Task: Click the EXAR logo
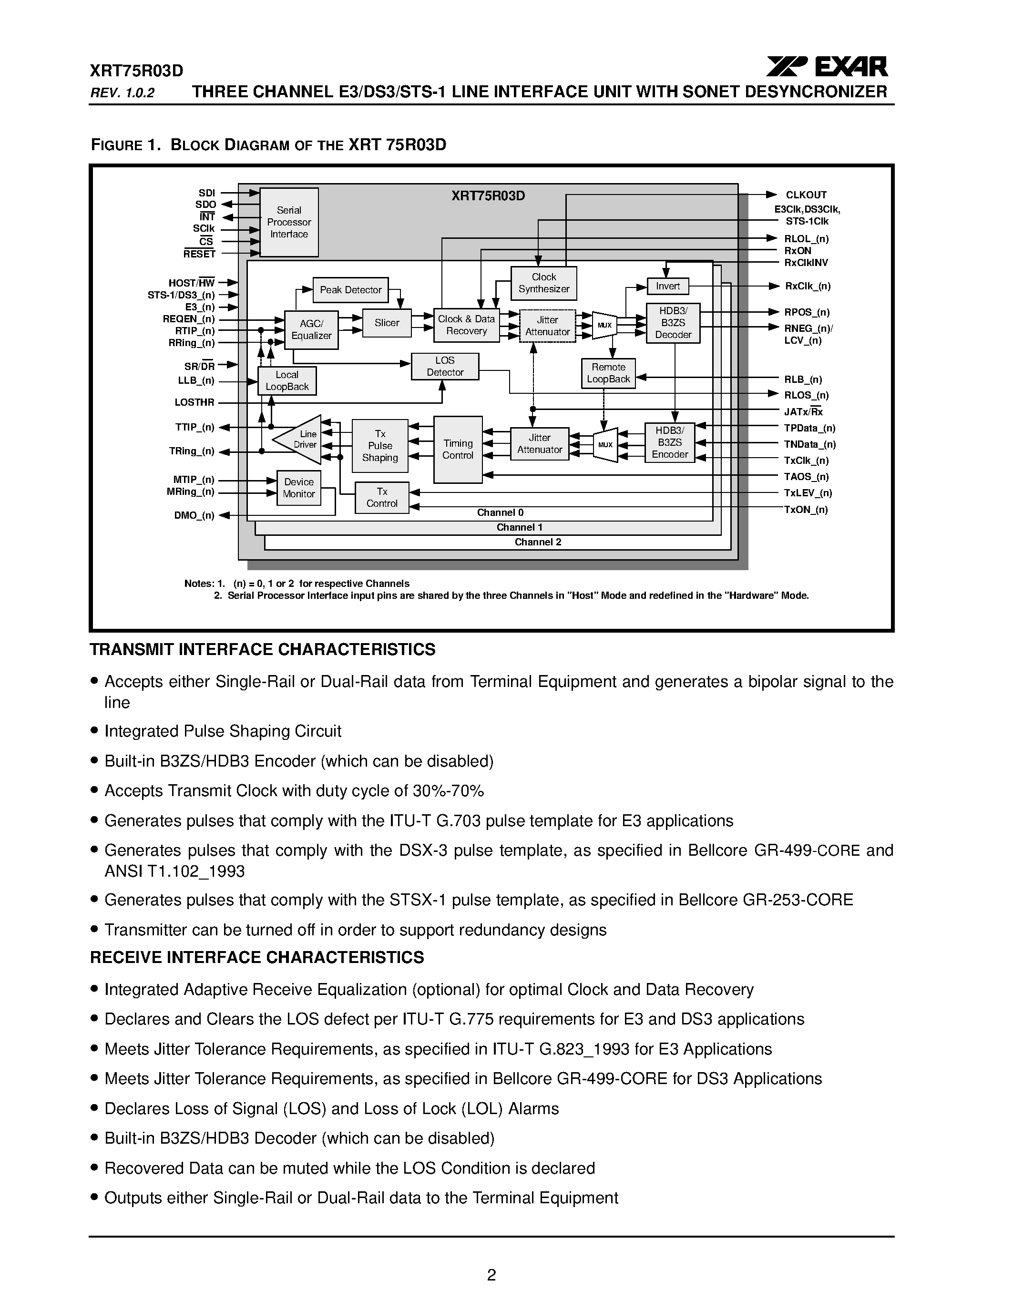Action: (827, 67)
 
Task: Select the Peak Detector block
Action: (350, 290)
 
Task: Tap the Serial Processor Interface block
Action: (289, 222)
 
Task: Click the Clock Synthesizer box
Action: (544, 283)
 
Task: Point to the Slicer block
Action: (387, 323)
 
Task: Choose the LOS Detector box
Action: (445, 366)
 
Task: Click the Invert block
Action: (667, 287)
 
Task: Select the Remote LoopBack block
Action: (608, 373)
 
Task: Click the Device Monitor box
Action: (298, 488)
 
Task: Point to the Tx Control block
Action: (382, 498)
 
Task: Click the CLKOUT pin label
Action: (806, 195)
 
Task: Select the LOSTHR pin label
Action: (194, 403)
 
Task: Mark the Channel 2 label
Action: (538, 542)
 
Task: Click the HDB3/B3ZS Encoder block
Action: (670, 443)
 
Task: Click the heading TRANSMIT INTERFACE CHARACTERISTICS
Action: (262, 649)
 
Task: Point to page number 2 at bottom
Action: (491, 1275)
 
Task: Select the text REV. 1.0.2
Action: (123, 93)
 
